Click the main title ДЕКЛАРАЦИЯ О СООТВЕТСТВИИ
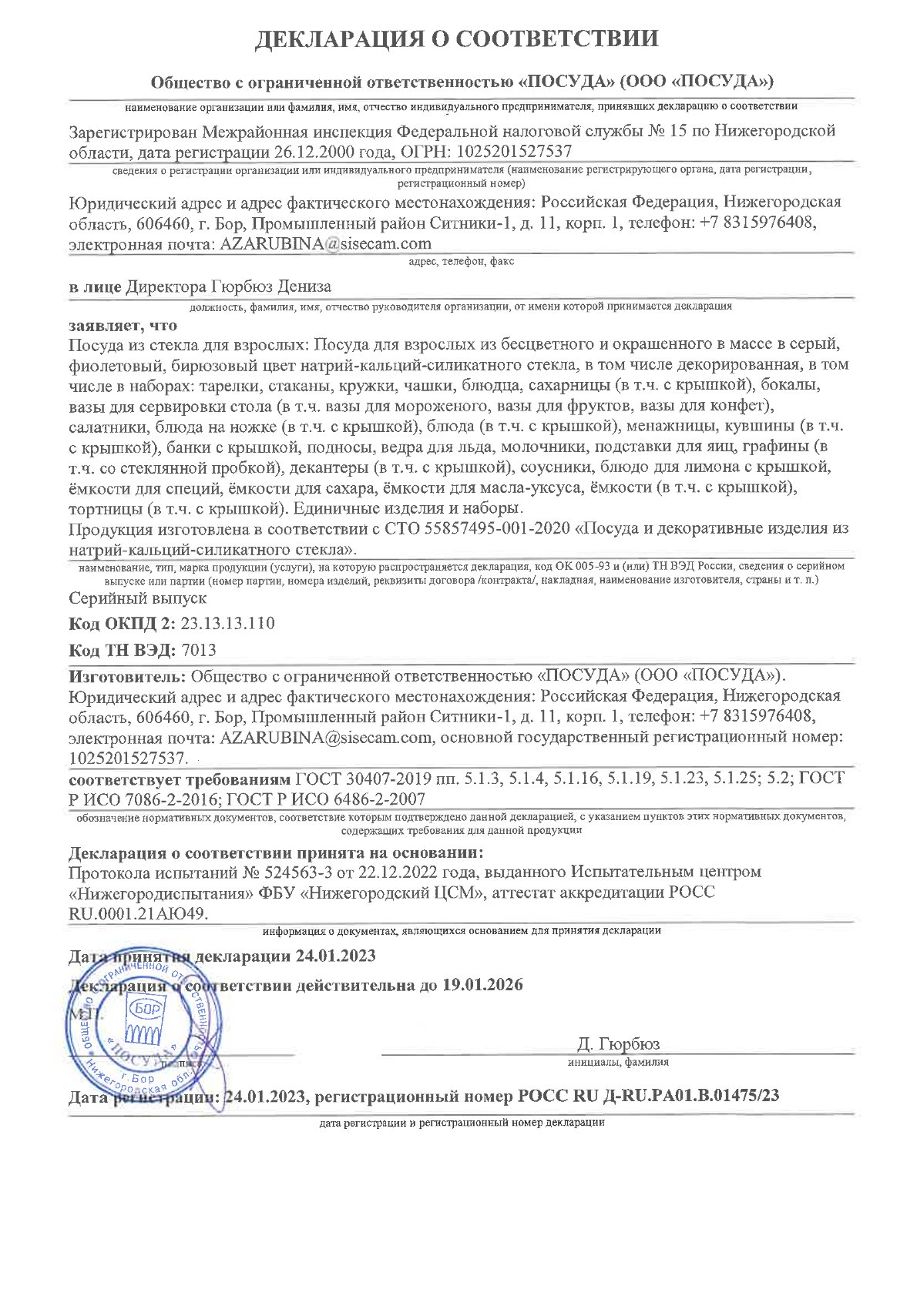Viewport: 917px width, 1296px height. (457, 39)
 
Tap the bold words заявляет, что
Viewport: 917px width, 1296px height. (123, 325)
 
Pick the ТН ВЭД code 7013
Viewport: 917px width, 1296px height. (198, 650)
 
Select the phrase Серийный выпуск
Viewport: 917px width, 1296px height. (138, 598)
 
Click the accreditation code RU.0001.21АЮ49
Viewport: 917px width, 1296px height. (138, 913)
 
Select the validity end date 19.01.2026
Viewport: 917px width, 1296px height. (482, 985)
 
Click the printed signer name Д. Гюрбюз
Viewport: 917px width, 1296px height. (618, 1044)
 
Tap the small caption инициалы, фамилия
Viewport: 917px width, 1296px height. (618, 1062)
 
